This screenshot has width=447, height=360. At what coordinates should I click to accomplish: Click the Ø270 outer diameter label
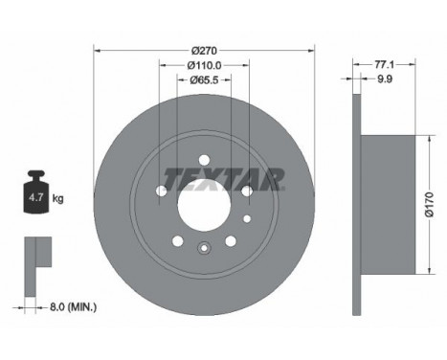[204, 51]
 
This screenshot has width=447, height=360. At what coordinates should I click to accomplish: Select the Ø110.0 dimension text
[204, 65]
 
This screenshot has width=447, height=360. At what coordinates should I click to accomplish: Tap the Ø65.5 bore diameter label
[204, 79]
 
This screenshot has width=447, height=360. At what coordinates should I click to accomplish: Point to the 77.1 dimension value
[384, 65]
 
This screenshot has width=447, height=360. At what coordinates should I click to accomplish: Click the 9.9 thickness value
[385, 79]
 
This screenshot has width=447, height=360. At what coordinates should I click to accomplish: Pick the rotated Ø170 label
[430, 205]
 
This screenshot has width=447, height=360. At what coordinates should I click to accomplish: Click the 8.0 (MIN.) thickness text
[73, 307]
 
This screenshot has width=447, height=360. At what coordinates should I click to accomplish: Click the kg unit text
[58, 199]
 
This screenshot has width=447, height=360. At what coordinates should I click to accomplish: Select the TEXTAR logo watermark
[224, 179]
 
